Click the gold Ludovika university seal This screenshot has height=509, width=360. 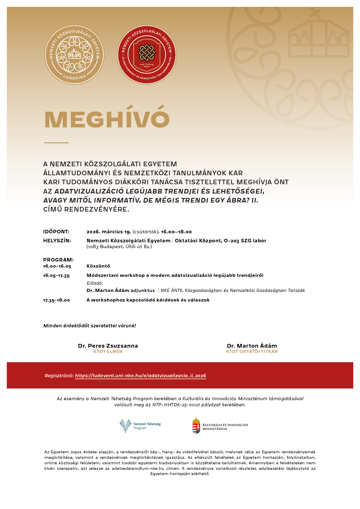tap(74, 55)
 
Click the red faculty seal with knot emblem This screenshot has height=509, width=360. tap(147, 55)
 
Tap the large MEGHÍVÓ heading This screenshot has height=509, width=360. tap(107, 119)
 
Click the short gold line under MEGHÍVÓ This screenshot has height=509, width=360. tap(56, 143)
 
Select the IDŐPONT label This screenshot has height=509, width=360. tap(56, 232)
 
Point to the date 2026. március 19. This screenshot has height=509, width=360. tap(109, 232)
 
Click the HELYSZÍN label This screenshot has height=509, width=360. tap(57, 241)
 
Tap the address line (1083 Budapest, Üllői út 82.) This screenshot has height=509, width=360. tap(119, 247)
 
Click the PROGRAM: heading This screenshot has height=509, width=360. tap(58, 260)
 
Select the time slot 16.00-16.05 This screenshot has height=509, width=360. tap(57, 266)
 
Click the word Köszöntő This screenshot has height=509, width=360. tap(98, 266)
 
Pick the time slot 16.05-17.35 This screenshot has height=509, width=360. tap(56, 275)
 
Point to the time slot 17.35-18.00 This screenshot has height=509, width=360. tap(56, 300)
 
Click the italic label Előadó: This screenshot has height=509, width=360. tap(95, 283)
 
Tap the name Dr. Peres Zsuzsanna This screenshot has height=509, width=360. tap(108, 346)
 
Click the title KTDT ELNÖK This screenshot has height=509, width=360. tap(108, 351)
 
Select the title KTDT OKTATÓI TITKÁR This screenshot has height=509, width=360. tap(252, 351)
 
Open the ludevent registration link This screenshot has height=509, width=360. tap(141, 376)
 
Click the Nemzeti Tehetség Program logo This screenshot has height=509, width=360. tap(140, 426)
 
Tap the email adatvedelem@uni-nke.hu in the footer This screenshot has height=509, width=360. tap(138, 468)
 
